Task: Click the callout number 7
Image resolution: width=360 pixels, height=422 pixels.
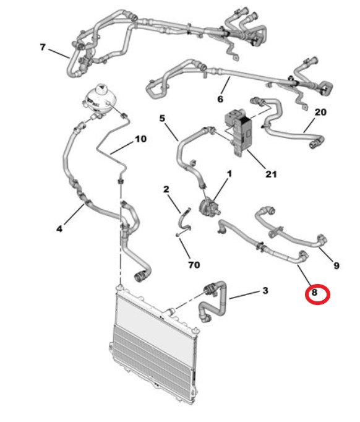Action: [x=43, y=48]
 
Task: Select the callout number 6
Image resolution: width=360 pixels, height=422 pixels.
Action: [x=220, y=99]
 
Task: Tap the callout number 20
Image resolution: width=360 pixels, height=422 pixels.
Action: [x=320, y=112]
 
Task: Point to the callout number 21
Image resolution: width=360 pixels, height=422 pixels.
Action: [x=271, y=174]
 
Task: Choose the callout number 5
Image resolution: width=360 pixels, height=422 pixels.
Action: [x=162, y=118]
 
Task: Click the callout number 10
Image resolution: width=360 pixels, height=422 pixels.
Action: [x=140, y=139]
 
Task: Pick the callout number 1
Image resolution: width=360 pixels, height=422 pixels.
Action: [x=229, y=174]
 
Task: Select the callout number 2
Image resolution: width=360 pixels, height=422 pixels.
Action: [x=166, y=189]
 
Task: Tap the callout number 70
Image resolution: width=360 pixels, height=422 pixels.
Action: [x=194, y=265]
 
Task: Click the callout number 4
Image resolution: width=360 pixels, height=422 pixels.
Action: [x=59, y=229]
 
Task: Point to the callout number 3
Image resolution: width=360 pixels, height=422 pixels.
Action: [x=265, y=290]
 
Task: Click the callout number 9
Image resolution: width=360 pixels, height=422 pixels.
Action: [x=336, y=265]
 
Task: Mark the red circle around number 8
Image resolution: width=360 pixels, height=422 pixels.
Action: [x=317, y=295]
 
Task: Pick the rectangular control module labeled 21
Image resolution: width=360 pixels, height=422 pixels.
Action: [x=239, y=132]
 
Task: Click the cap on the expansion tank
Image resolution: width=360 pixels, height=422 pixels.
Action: [x=101, y=89]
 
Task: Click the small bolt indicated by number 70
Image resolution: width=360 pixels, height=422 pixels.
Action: [x=178, y=235]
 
